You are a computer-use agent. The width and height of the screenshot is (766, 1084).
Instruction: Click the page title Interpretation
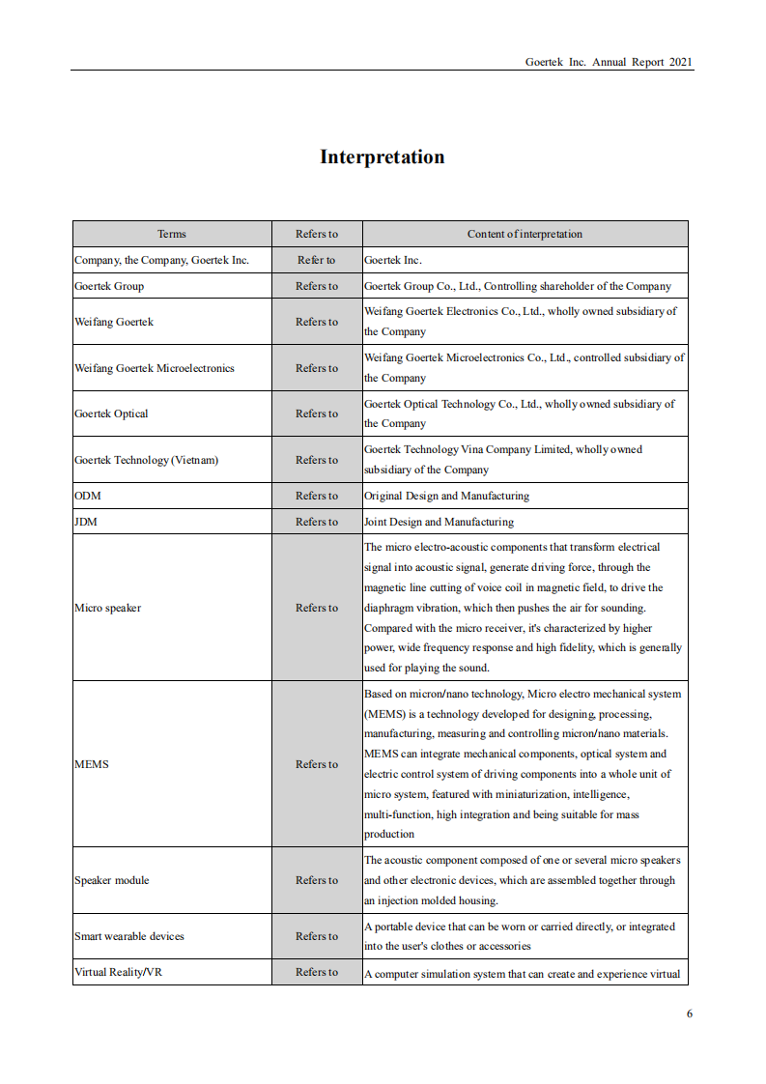pyautogui.click(x=383, y=157)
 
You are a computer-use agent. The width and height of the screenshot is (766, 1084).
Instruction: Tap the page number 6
pyautogui.click(x=690, y=1013)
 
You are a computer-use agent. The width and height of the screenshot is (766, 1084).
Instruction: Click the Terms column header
pyautogui.click(x=172, y=234)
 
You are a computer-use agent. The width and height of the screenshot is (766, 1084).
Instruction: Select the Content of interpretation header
pyautogui.click(x=525, y=234)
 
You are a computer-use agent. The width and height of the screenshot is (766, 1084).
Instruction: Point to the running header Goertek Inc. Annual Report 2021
pyautogui.click(x=609, y=62)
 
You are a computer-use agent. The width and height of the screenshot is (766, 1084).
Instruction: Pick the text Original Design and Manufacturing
pyautogui.click(x=446, y=496)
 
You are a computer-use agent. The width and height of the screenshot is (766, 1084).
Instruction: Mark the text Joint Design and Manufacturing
pyautogui.click(x=439, y=522)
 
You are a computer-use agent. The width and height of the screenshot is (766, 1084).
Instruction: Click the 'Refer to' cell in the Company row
pyautogui.click(x=317, y=260)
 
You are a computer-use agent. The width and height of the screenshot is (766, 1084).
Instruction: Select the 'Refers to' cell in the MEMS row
pyautogui.click(x=317, y=764)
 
